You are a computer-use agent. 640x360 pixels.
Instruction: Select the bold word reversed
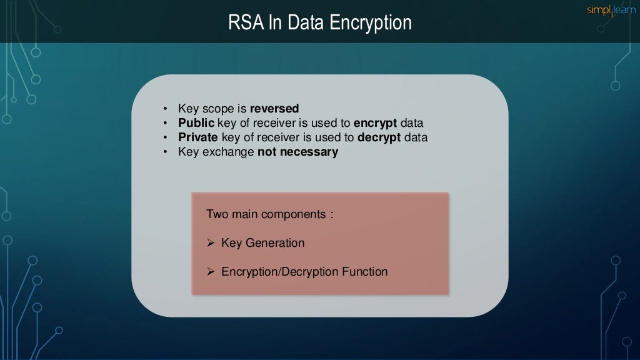pyautogui.click(x=274, y=109)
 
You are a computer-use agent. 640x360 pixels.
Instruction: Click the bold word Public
pyautogui.click(x=196, y=123)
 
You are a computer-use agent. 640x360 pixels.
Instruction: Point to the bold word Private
pyautogui.click(x=198, y=137)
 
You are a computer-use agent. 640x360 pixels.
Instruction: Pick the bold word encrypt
pyautogui.click(x=375, y=123)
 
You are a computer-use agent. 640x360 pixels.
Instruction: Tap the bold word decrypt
pyautogui.click(x=379, y=137)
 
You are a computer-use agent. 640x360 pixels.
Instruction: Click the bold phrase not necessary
pyautogui.click(x=297, y=152)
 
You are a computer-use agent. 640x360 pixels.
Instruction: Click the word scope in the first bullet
pyautogui.click(x=218, y=109)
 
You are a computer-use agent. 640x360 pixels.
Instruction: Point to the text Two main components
pyautogui.click(x=269, y=214)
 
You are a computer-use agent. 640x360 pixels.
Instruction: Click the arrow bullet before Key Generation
pyautogui.click(x=211, y=243)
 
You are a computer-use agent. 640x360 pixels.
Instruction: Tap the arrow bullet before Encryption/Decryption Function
pyautogui.click(x=211, y=272)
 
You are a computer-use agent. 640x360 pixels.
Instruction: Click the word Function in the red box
pyautogui.click(x=365, y=272)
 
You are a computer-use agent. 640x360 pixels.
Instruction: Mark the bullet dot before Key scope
pyautogui.click(x=165, y=109)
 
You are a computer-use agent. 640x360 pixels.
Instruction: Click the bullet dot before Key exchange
pyautogui.click(x=165, y=152)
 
